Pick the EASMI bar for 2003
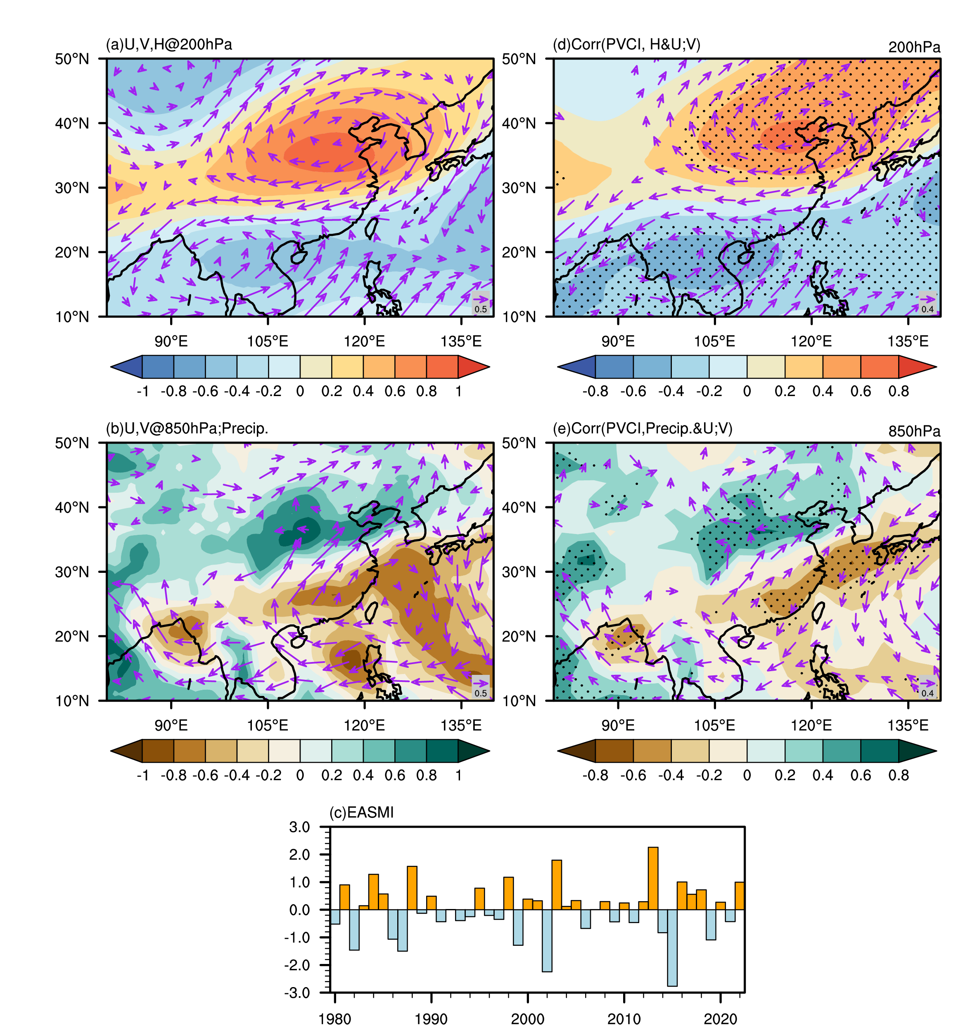pyautogui.click(x=556, y=885)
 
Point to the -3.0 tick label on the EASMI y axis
pyautogui.click(x=297, y=993)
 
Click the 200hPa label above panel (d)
pyautogui.click(x=914, y=47)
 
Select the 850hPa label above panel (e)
pyautogui.click(x=914, y=432)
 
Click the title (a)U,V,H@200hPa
pyautogui.click(x=169, y=45)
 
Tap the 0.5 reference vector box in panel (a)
pyautogui.click(x=480, y=304)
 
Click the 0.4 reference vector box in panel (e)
pyautogui.click(x=927, y=687)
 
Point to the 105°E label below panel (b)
pyautogui.click(x=267, y=725)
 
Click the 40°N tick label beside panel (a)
pyautogui.click(x=72, y=123)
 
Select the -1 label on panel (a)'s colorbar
pyautogui.click(x=142, y=392)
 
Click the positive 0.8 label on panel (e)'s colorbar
pyautogui.click(x=898, y=776)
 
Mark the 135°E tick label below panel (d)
pyautogui.click(x=908, y=342)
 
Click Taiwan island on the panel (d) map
pyautogui.click(x=818, y=228)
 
